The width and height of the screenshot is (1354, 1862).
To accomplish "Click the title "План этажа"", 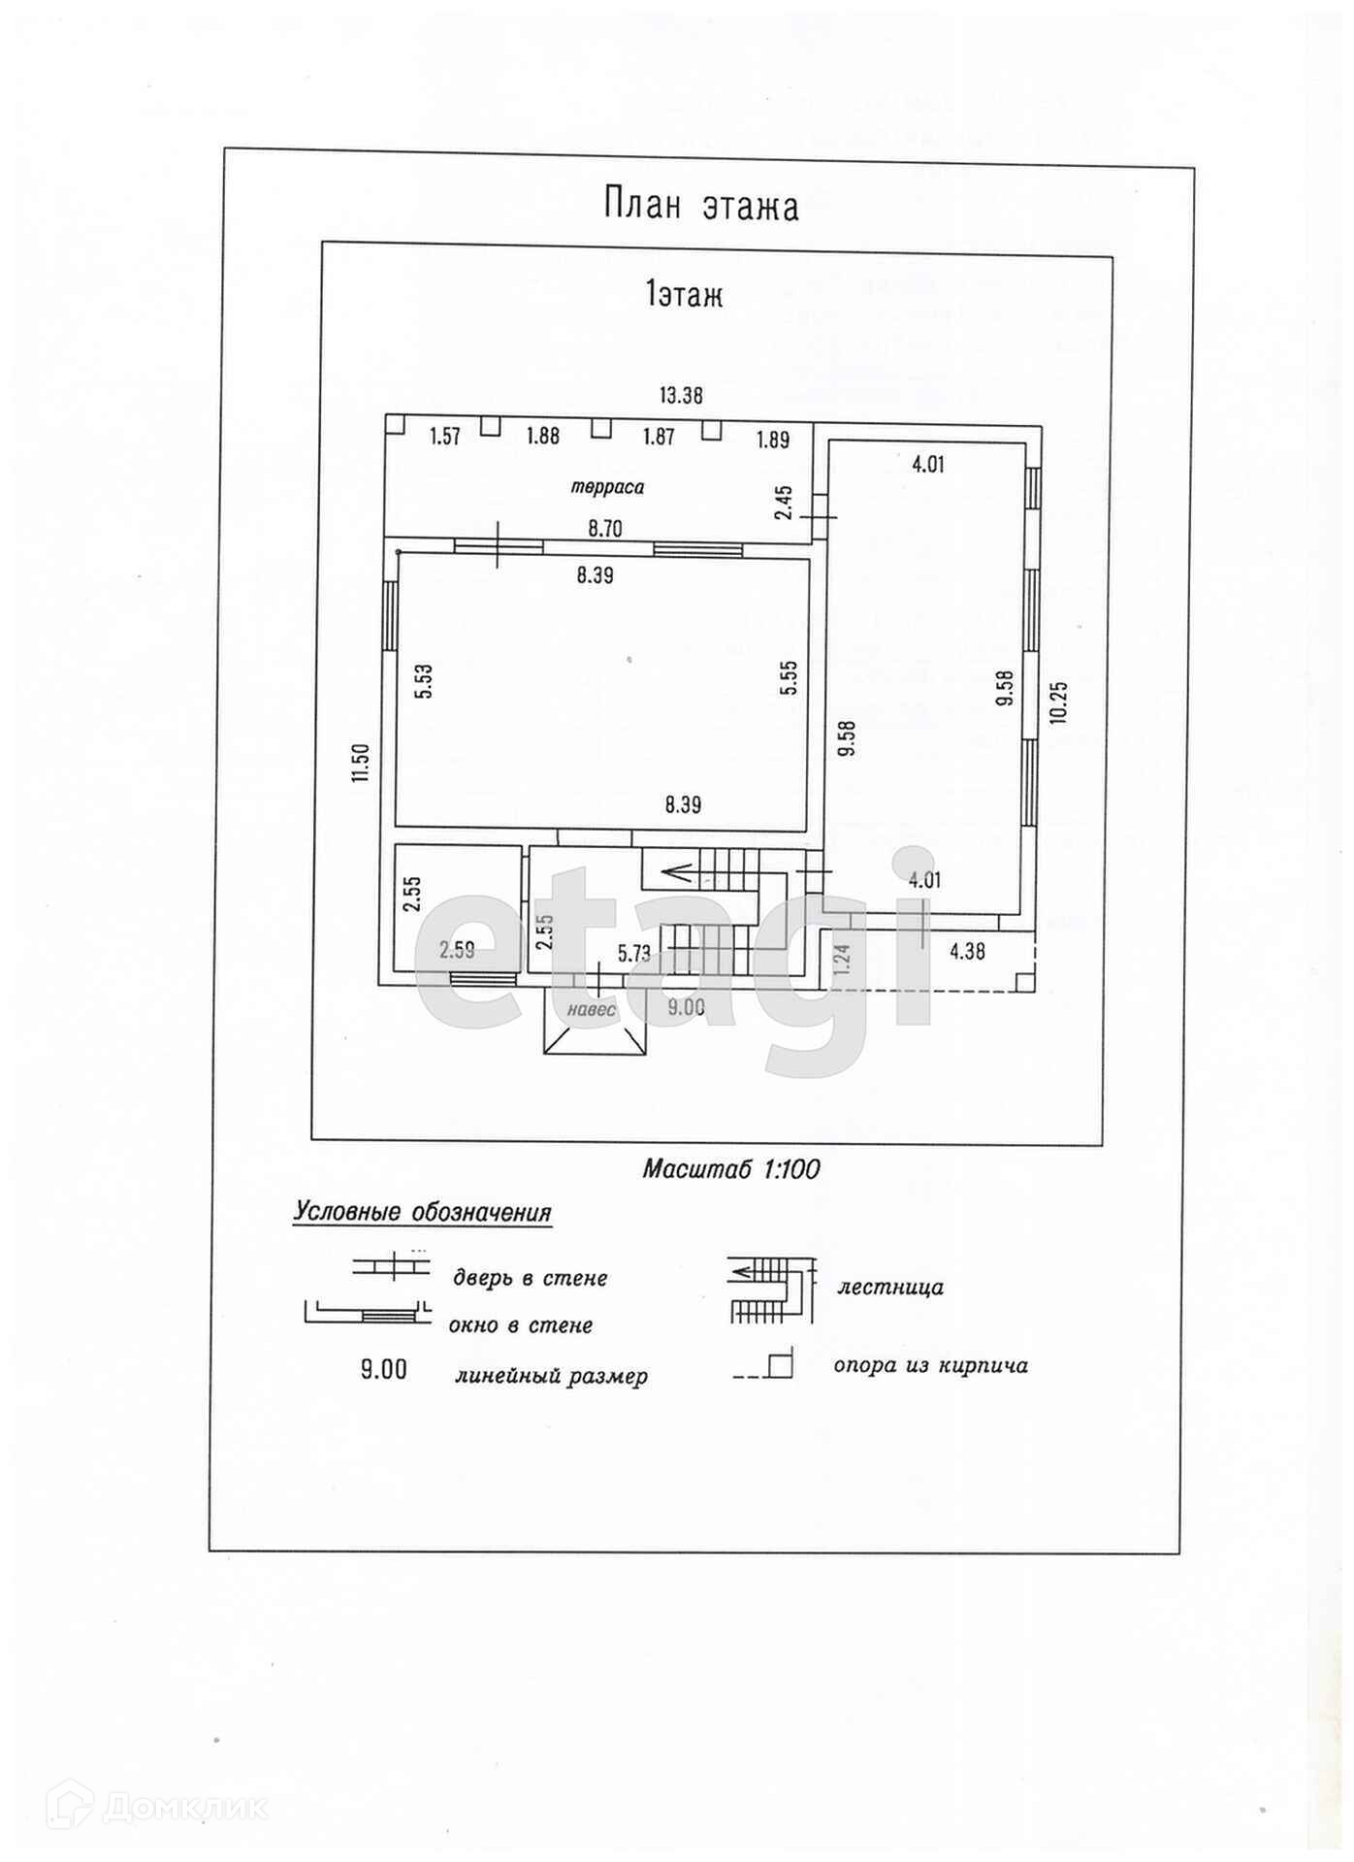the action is point(700,206).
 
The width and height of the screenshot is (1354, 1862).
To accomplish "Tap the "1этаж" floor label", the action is point(685,294).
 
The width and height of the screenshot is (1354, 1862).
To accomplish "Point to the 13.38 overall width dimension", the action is point(681,395).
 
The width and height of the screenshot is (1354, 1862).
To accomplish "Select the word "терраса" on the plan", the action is point(607,487).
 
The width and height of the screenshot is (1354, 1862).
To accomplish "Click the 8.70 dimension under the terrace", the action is point(605,529).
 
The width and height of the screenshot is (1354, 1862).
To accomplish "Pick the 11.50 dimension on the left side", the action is point(361,763).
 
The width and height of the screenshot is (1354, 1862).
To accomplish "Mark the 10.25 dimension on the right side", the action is point(1058,701).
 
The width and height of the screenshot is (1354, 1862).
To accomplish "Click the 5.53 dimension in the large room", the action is point(424,681).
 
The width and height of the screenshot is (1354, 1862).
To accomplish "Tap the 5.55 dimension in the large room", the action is point(790,677).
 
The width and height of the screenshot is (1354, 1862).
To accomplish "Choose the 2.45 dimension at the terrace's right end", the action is point(785,503).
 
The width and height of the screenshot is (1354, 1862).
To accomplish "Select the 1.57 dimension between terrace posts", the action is point(445,437).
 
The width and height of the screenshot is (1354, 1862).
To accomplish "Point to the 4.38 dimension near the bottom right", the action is point(967,952).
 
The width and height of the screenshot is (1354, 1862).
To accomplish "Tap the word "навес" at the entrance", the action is point(592,1009).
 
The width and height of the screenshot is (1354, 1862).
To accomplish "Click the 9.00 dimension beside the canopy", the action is point(687,1007).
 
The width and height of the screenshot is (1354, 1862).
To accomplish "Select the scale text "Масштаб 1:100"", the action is point(731,1169).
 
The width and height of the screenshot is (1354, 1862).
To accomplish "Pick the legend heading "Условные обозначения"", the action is point(423,1213).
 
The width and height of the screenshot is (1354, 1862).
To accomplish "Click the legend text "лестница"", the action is point(890,1288).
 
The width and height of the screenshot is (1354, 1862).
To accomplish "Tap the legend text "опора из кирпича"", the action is point(930,1365).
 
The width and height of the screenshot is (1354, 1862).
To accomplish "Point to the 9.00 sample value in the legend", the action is point(384,1370).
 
